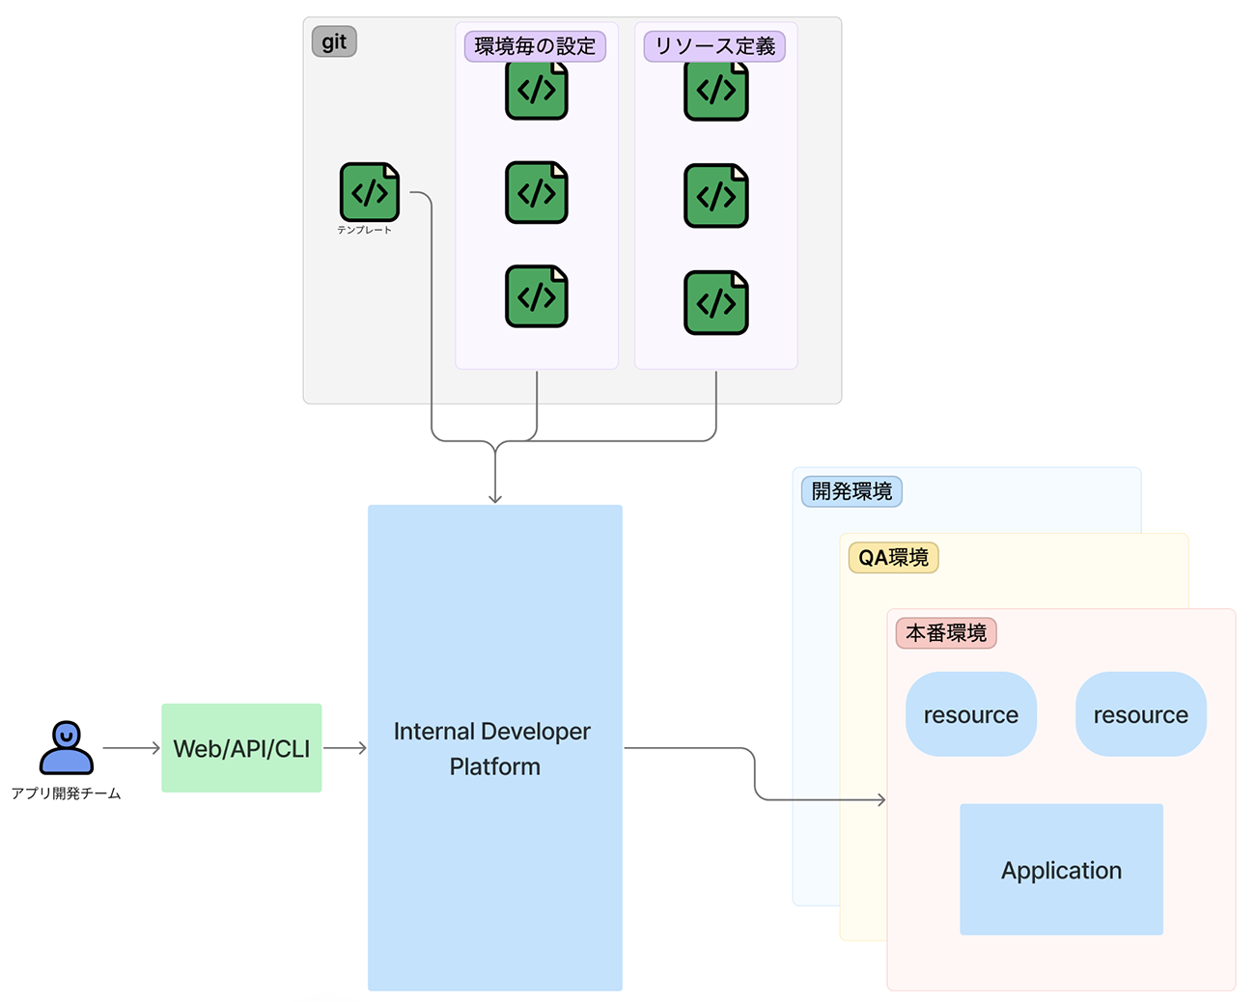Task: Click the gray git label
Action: click(334, 42)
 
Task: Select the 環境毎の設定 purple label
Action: click(535, 46)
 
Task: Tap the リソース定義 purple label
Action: click(714, 46)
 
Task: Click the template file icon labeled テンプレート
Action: click(369, 192)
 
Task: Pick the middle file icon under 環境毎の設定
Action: click(536, 193)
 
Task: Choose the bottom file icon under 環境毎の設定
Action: click(536, 296)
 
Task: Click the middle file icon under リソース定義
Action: click(715, 196)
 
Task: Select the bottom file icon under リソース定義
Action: click(715, 303)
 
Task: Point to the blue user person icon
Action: click(66, 747)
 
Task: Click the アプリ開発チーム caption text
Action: click(66, 793)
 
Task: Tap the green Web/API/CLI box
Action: click(241, 748)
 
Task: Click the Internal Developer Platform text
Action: click(493, 748)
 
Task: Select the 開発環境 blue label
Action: click(851, 491)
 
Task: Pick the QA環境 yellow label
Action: click(893, 558)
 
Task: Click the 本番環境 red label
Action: click(946, 633)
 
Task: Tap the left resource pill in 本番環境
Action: click(970, 714)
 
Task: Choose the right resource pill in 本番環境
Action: click(1140, 714)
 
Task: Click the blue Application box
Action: click(1061, 870)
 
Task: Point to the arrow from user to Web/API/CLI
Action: click(131, 748)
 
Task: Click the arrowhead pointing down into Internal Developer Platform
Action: click(495, 497)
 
